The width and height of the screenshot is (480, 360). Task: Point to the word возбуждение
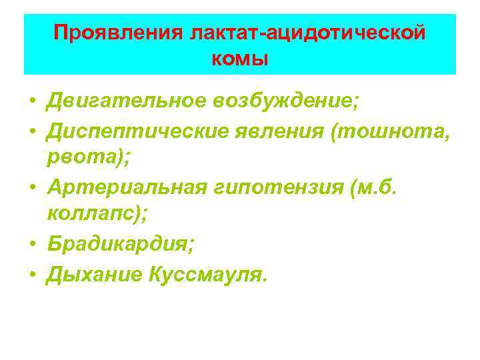287,101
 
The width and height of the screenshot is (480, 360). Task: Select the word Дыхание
90,274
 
